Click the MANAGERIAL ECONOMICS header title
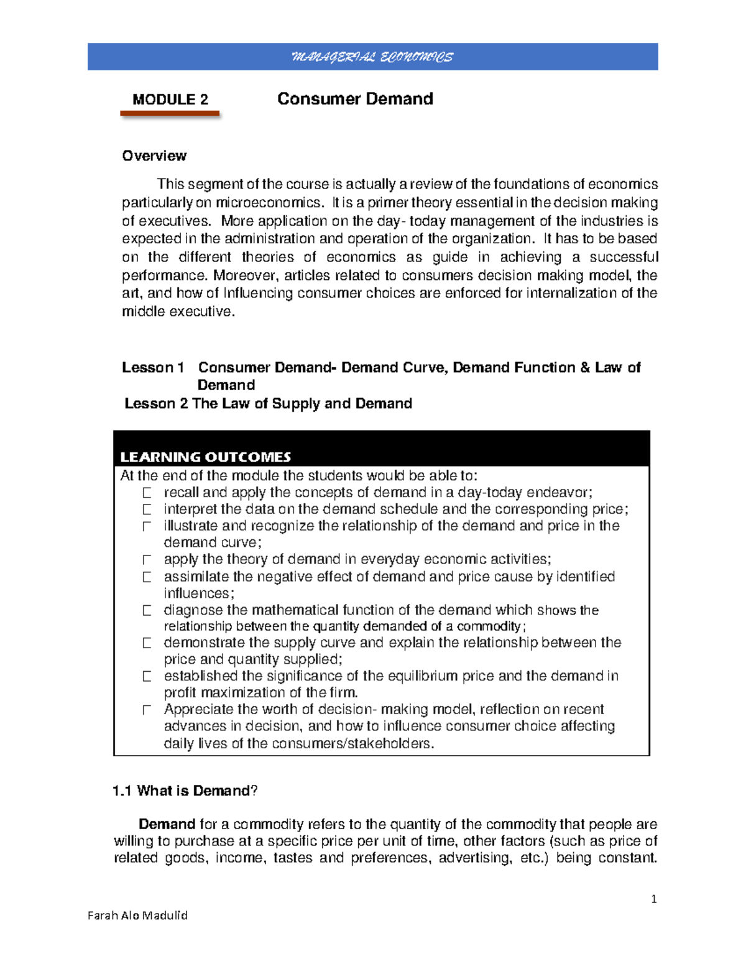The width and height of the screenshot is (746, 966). (372, 57)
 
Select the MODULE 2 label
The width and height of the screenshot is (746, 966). (170, 100)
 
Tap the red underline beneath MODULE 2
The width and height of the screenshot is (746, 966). (170, 114)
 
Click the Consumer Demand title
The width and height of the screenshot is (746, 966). (355, 99)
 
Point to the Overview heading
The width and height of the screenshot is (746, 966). (154, 156)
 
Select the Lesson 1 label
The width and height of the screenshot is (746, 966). (153, 368)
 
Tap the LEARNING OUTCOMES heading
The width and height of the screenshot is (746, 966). (205, 457)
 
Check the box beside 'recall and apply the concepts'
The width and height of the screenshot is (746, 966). (147, 493)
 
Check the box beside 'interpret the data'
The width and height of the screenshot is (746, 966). (147, 510)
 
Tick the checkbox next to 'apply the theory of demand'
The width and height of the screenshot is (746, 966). (147, 560)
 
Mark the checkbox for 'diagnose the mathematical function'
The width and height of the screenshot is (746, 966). (147, 611)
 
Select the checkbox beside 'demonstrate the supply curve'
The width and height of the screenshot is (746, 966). (147, 643)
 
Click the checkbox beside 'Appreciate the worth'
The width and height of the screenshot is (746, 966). (147, 710)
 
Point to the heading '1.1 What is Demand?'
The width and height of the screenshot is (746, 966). (185, 791)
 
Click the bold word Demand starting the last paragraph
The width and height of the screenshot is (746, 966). (167, 824)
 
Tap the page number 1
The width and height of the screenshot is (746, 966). (653, 899)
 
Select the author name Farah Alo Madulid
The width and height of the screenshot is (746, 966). (137, 916)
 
